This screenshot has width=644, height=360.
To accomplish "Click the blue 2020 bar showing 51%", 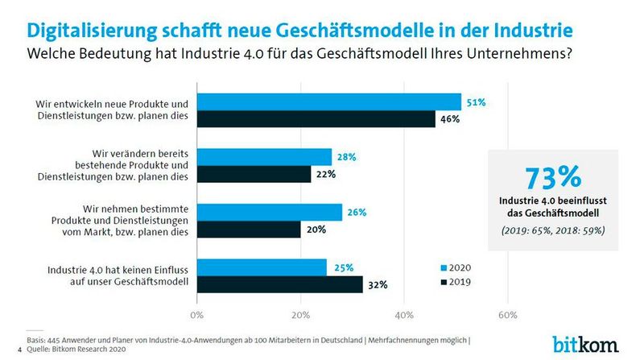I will point(328,102).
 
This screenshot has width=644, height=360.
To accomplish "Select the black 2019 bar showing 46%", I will point(316,119).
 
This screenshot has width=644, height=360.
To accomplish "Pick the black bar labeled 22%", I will point(253,174).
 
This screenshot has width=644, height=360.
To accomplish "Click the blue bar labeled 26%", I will point(269,212).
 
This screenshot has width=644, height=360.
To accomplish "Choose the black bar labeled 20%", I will point(248,229).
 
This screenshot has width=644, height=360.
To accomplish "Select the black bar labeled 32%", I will point(279,283).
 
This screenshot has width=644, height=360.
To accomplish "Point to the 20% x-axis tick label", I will point(300,313).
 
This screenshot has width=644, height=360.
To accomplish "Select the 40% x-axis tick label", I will point(404,313).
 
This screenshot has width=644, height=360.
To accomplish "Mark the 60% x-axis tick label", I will point(507,313).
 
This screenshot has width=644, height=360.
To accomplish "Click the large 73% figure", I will point(553,177).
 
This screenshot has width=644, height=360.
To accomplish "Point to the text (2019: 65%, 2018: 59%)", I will point(552,230).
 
